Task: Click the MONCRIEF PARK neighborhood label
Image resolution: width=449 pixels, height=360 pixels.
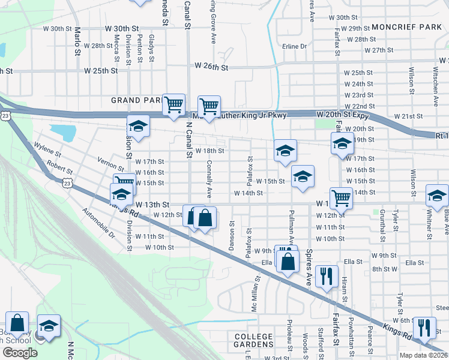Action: coord(406,27)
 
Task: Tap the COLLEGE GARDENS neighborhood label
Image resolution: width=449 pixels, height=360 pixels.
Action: coord(253,337)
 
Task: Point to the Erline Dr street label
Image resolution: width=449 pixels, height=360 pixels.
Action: coord(295,46)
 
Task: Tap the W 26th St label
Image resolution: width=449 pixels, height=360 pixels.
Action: coord(211,68)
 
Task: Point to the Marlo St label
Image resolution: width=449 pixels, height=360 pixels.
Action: coord(77,40)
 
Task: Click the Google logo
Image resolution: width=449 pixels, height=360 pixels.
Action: coord(19,353)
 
